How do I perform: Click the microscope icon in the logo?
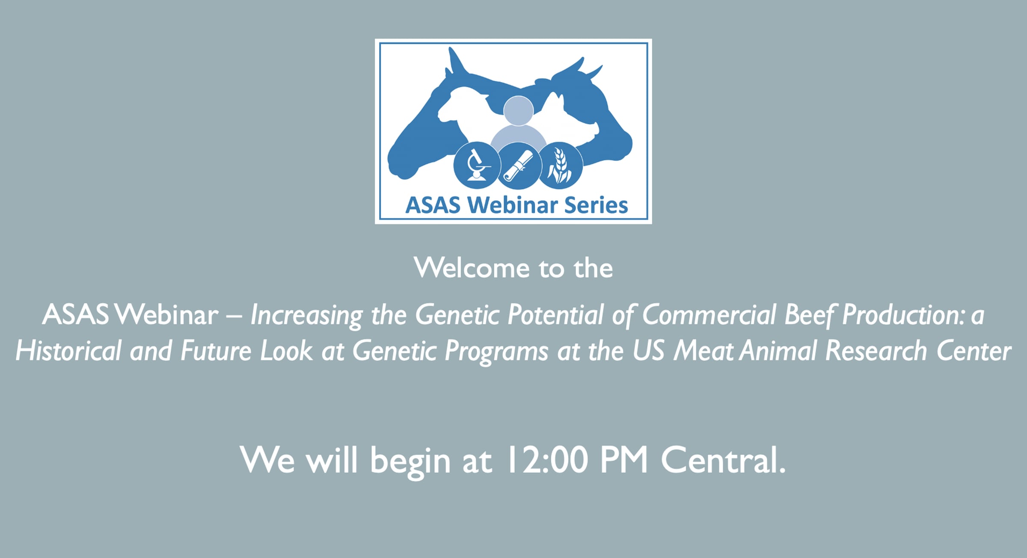tap(477, 166)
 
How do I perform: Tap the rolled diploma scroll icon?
tap(518, 166)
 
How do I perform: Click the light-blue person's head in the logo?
tap(518, 111)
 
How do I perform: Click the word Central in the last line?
tap(724, 460)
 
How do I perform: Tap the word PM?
tap(624, 460)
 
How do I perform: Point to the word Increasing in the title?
tap(306, 316)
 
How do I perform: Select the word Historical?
tap(68, 351)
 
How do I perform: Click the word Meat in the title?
tap(704, 351)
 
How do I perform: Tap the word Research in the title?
tap(876, 351)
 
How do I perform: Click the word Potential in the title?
tap(555, 315)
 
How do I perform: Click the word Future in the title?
tap(216, 351)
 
